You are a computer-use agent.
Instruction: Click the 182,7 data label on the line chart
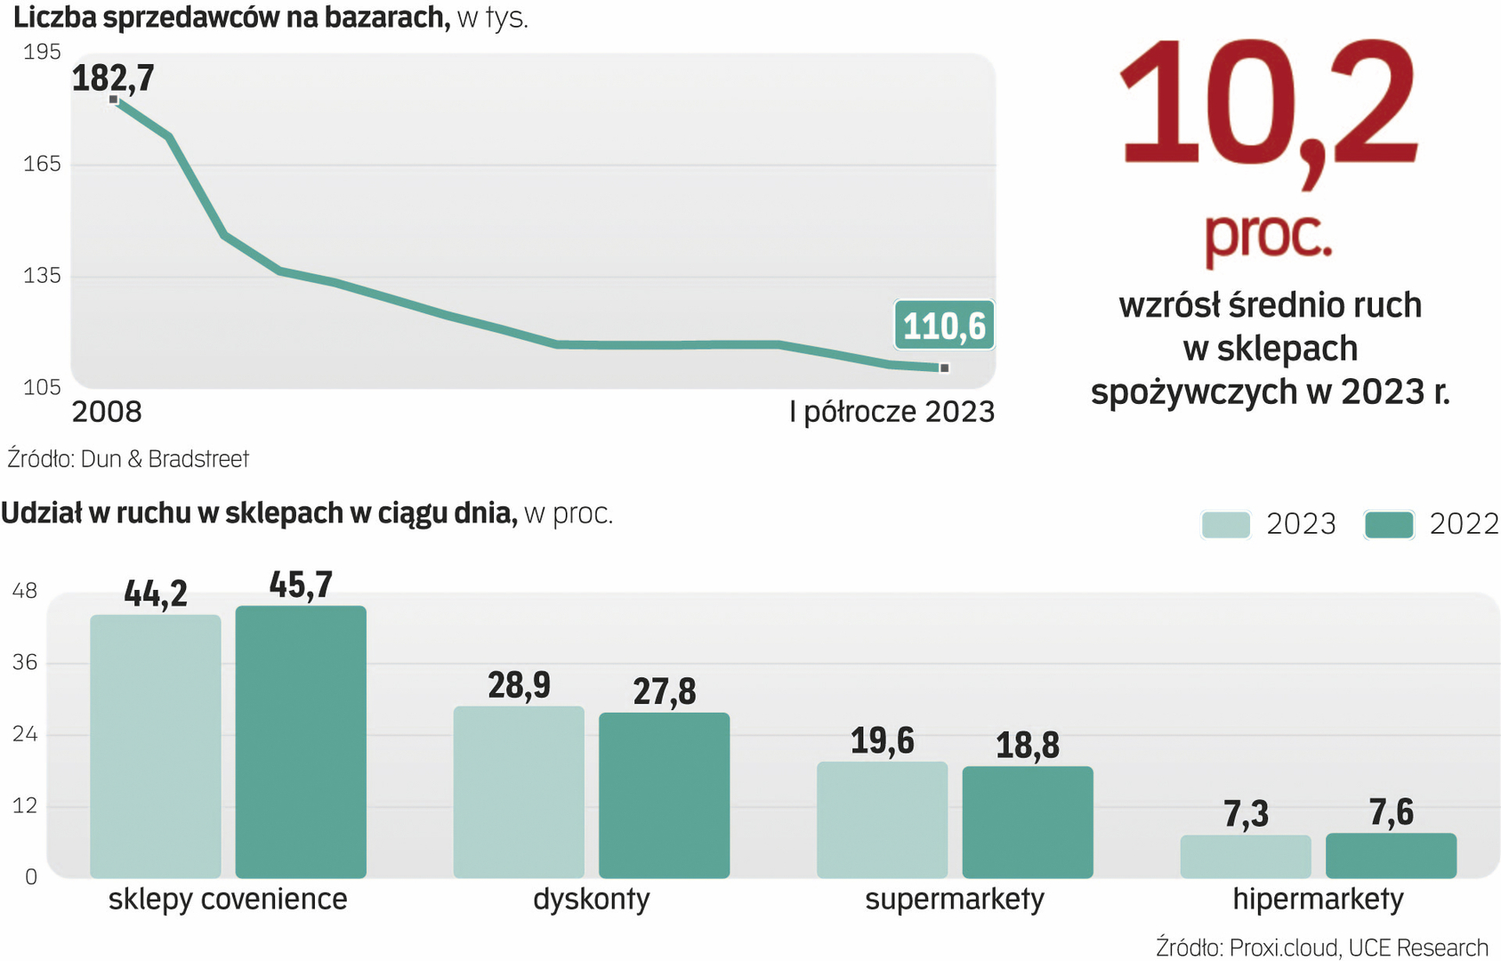pyautogui.click(x=113, y=78)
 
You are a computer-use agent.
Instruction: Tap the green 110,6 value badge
pyautogui.click(x=944, y=326)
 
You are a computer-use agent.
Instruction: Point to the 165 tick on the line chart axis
pyautogui.click(x=42, y=164)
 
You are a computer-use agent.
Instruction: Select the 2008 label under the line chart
pyautogui.click(x=107, y=412)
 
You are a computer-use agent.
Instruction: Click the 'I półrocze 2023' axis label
pyautogui.click(x=892, y=412)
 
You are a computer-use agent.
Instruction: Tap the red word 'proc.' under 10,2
pyautogui.click(x=1268, y=236)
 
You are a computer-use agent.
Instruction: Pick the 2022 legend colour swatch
pyautogui.click(x=1389, y=524)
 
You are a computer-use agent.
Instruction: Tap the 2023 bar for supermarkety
pyautogui.click(x=882, y=820)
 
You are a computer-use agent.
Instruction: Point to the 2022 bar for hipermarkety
pyautogui.click(x=1391, y=855)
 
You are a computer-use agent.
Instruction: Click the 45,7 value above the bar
pyautogui.click(x=301, y=585)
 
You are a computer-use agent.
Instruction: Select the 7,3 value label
pyautogui.click(x=1246, y=814)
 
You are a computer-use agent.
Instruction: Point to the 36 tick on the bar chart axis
pyautogui.click(x=25, y=662)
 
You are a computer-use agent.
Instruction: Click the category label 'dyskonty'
pyautogui.click(x=592, y=899)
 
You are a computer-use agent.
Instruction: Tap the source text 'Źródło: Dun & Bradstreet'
pyautogui.click(x=128, y=459)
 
